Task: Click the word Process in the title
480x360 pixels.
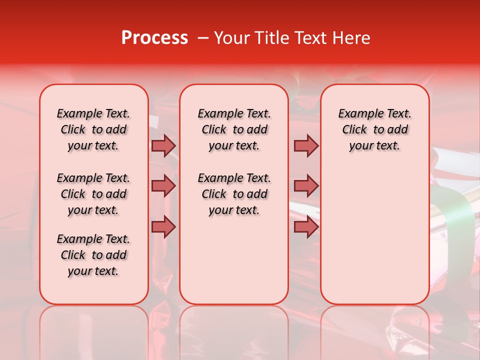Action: pyautogui.click(x=154, y=38)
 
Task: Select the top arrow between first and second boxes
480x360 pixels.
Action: pyautogui.click(x=163, y=146)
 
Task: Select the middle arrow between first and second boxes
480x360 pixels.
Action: pyautogui.click(x=163, y=186)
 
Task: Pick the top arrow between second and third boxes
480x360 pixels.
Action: pyautogui.click(x=306, y=146)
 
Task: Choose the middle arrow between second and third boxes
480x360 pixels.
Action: pyautogui.click(x=306, y=186)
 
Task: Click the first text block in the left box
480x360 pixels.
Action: pyautogui.click(x=93, y=129)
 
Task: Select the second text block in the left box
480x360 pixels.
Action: pyautogui.click(x=93, y=194)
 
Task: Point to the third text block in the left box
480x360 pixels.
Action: pyautogui.click(x=93, y=255)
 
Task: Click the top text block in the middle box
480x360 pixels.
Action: pyautogui.click(x=234, y=129)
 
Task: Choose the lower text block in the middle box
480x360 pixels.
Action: pyautogui.click(x=234, y=194)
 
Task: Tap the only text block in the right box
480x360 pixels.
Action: pyautogui.click(x=374, y=129)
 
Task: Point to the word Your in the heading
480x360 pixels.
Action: pyautogui.click(x=231, y=38)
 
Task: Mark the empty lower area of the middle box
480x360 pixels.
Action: pyautogui.click(x=234, y=260)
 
